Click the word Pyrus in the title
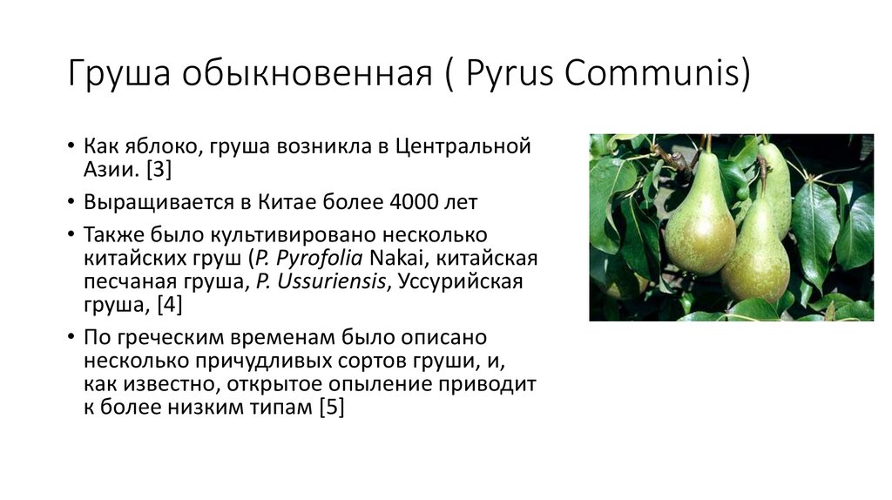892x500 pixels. tap(509, 74)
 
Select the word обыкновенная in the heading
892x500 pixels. tap(307, 74)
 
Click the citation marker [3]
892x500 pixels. tap(159, 170)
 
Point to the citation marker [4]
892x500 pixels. tap(170, 304)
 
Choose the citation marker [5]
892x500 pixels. tap(332, 408)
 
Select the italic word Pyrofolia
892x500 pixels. tap(319, 259)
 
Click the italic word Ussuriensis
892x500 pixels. tap(331, 281)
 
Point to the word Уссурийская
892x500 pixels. tap(460, 282)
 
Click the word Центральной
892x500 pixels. tap(463, 146)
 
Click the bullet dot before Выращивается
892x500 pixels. tap(71, 201)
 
